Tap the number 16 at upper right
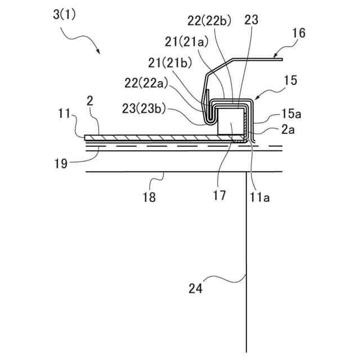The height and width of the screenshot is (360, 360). pos(299,33)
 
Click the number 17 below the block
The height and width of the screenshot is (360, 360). pos(219,195)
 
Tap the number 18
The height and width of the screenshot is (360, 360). pos(149,197)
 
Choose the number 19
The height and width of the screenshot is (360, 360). pos(61,164)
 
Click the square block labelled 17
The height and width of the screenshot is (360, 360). pos(231,122)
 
